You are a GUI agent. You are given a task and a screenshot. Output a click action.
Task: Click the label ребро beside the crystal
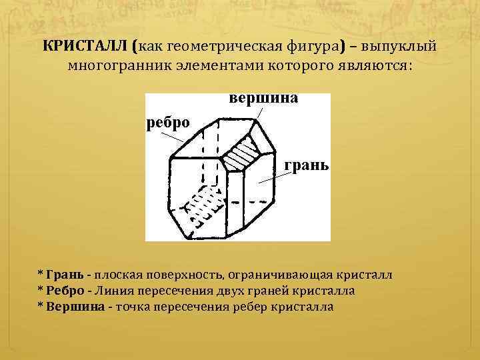168,121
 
